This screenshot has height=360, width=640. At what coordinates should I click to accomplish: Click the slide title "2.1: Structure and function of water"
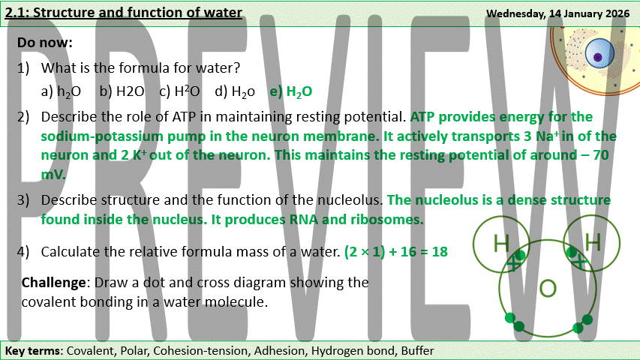(123, 13)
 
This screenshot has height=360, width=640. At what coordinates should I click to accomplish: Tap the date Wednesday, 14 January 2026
(557, 13)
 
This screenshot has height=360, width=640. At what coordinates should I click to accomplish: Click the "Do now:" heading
(45, 43)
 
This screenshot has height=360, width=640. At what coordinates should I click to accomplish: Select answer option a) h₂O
(61, 91)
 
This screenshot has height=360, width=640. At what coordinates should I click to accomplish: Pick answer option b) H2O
(122, 91)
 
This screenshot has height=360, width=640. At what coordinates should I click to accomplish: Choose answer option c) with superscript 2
(179, 91)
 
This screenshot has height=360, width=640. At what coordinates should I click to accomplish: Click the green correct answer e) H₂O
(291, 91)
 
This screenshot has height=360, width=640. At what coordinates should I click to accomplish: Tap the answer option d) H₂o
(235, 91)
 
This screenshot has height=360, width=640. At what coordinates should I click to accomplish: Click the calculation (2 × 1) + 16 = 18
(396, 251)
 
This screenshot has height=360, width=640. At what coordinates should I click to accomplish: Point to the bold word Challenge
(53, 283)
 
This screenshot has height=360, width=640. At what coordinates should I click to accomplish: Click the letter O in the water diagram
(548, 288)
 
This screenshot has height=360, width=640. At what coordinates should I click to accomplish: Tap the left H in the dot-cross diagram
(500, 243)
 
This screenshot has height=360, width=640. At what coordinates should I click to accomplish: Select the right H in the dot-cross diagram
(593, 241)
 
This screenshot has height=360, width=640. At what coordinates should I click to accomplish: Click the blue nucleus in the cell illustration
(599, 54)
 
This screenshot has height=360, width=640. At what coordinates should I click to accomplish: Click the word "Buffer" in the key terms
(417, 350)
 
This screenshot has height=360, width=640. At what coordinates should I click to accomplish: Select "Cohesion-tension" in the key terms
(200, 350)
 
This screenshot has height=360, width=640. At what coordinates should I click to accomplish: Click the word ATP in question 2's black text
(184, 117)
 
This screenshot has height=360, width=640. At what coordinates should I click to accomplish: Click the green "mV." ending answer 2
(53, 174)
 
